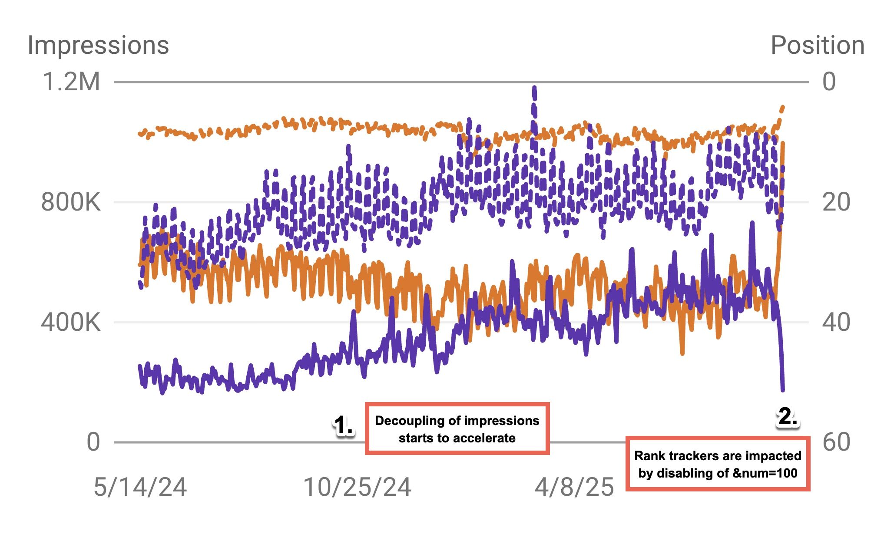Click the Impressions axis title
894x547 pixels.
point(98,45)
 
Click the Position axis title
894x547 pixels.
point(817,45)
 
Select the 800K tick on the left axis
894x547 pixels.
point(71,202)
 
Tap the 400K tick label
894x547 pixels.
point(71,322)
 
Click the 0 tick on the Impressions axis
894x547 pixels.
point(93,442)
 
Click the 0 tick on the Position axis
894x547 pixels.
point(829,82)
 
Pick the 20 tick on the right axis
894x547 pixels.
point(836,202)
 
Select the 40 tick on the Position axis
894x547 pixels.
point(836,322)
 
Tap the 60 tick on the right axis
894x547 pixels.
point(836,442)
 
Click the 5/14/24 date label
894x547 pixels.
point(140,487)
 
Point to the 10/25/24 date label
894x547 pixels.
point(357,487)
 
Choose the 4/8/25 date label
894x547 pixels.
point(574,487)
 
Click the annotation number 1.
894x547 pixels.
point(344,425)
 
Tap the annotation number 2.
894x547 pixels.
point(787,417)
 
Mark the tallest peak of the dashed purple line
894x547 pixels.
point(534,88)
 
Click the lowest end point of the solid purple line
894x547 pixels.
point(783,390)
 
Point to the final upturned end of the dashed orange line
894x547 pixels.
point(782,107)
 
